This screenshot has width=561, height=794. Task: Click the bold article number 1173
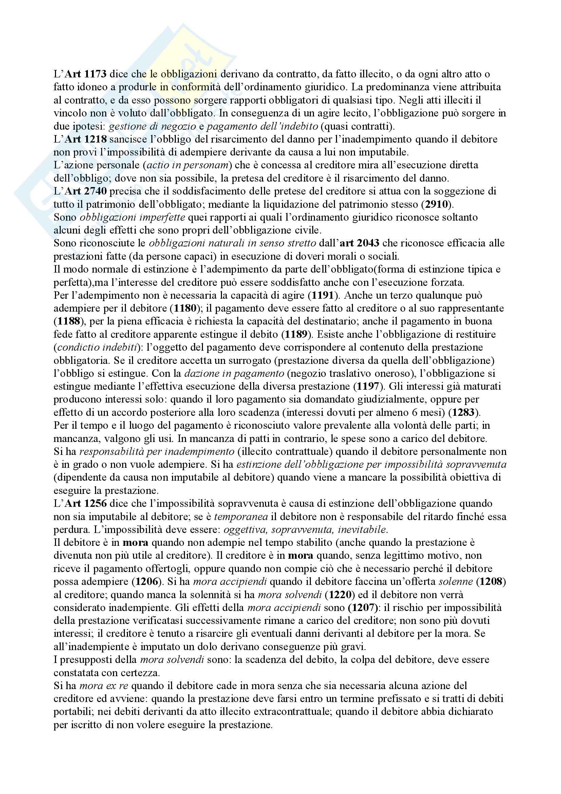[x=95, y=74]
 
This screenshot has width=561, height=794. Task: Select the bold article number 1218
[x=95, y=139]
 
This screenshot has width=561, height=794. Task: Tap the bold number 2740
[x=95, y=191]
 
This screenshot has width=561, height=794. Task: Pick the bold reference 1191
[x=324, y=295]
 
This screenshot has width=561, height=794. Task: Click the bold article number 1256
[x=95, y=503]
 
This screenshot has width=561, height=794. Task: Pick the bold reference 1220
[x=340, y=594]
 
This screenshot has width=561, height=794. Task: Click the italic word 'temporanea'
[x=241, y=517]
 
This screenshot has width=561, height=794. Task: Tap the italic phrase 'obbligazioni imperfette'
[x=132, y=217]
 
